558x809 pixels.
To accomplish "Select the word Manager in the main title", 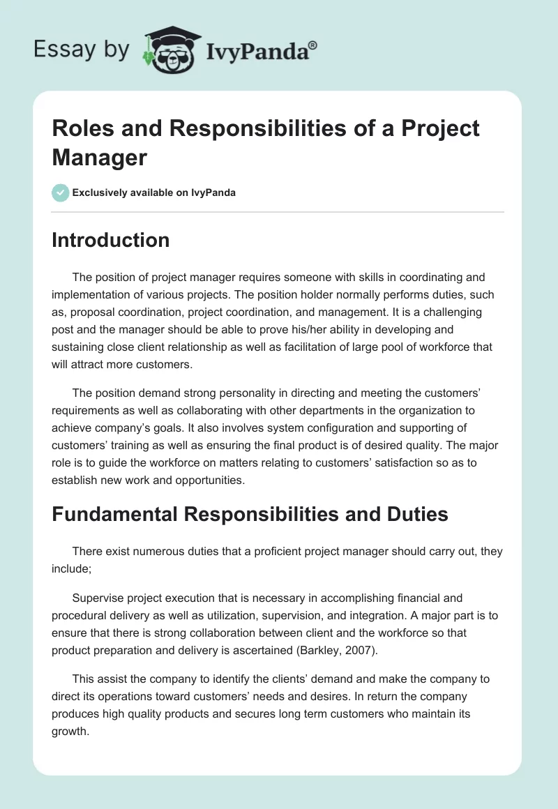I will pyautogui.click(x=100, y=158).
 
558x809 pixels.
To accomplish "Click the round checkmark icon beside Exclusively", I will pyautogui.click(x=61, y=192).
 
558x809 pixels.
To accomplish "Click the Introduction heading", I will pyautogui.click(x=111, y=240).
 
